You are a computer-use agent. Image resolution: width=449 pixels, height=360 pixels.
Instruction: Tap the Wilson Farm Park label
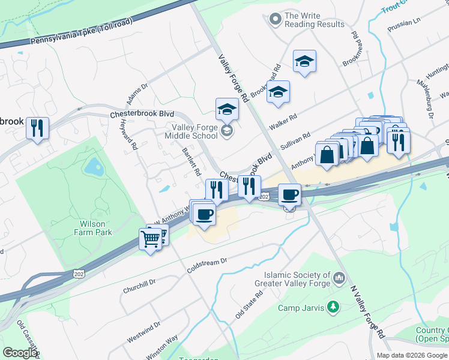pos(92,227)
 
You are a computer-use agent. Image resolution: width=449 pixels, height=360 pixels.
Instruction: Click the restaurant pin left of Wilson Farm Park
pos(38,128)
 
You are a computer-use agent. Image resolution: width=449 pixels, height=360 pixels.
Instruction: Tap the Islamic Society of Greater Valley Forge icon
pos(339,277)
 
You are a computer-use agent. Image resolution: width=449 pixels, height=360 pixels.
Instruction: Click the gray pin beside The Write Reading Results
pos(276,19)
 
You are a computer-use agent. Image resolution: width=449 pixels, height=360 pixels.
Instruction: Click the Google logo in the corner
pos(20,353)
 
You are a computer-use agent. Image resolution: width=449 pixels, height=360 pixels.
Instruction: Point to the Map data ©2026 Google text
pos(412,355)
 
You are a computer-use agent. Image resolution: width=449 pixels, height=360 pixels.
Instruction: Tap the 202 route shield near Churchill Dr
pos(79,274)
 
